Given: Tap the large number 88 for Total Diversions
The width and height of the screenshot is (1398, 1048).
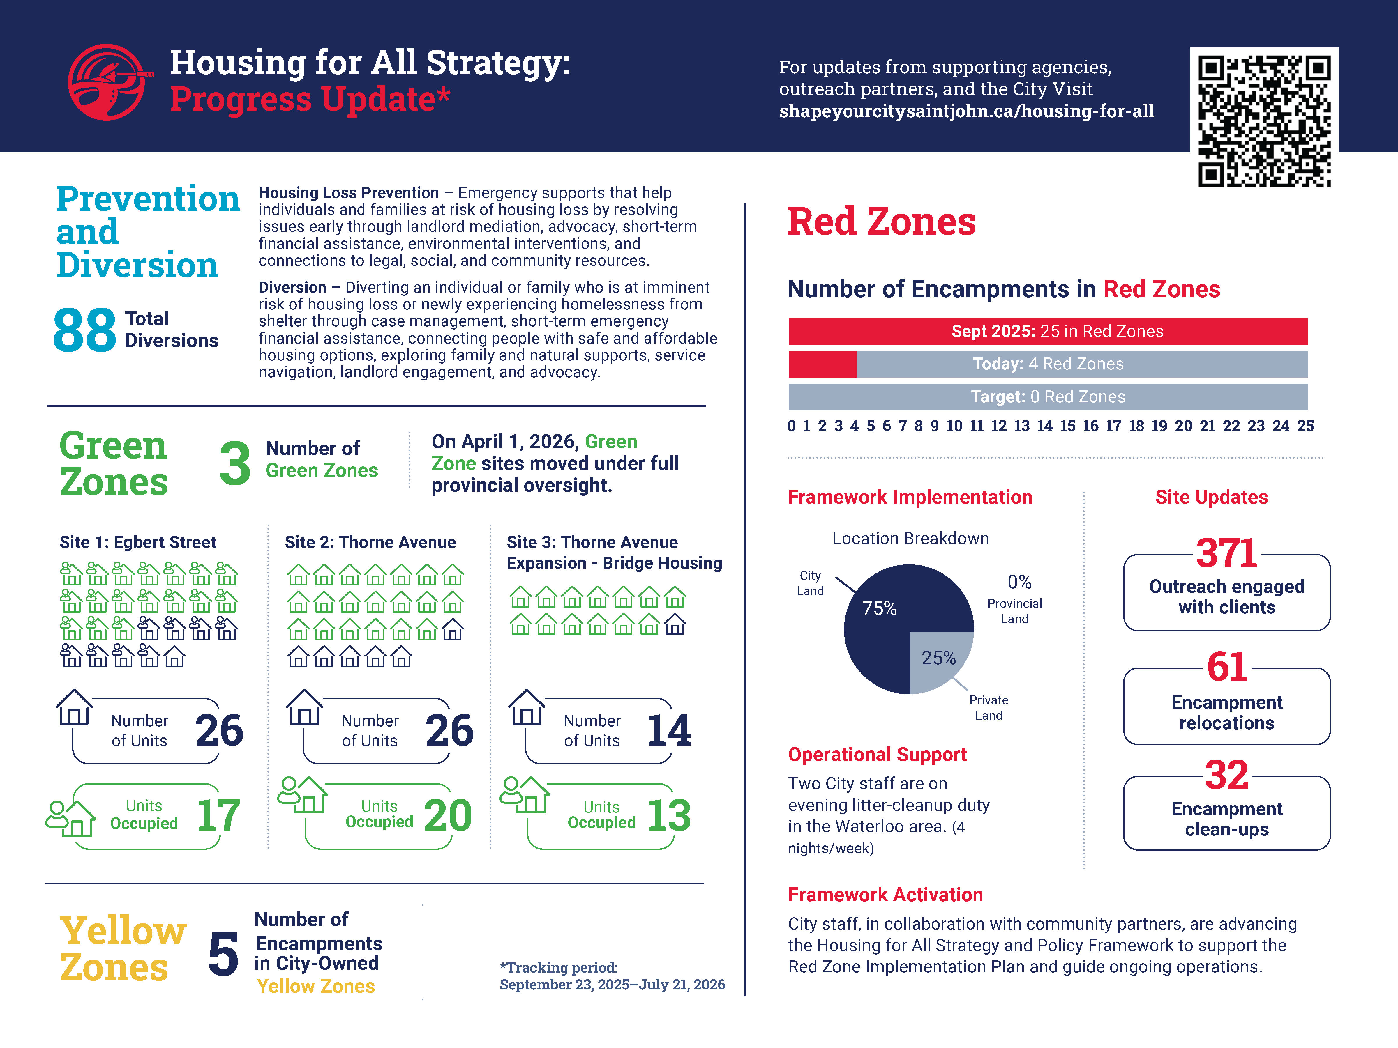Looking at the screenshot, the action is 85,330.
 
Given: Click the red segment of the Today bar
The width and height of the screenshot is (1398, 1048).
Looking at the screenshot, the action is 822,364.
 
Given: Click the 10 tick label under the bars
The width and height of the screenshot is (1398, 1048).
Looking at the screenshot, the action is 954,426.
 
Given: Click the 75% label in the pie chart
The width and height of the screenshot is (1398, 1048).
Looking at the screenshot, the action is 879,608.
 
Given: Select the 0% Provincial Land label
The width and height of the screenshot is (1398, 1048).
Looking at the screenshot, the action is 1015,598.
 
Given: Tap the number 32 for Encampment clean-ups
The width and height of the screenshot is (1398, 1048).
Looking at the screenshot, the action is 1227,775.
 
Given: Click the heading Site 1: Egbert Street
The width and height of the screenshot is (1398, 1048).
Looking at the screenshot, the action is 138,542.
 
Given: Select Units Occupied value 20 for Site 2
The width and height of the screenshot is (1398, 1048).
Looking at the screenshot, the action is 448,815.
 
